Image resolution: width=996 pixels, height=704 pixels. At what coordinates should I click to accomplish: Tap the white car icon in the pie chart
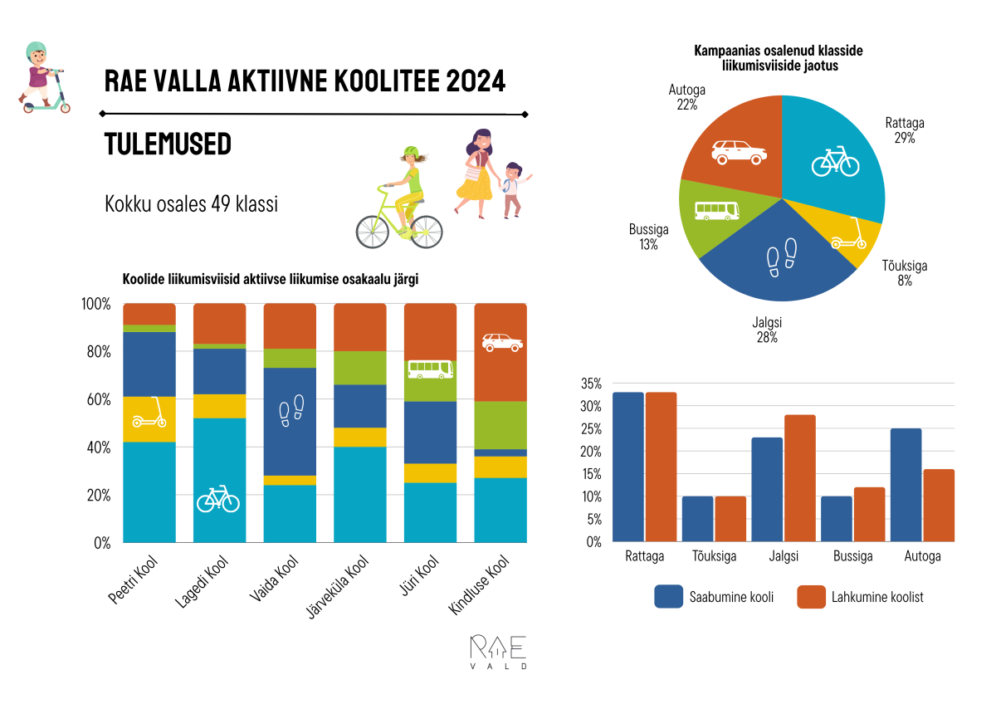tap(739, 152)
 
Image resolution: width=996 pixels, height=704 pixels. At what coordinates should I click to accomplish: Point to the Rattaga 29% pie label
tap(905, 130)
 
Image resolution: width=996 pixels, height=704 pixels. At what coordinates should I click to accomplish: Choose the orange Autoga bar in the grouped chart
tap(938, 506)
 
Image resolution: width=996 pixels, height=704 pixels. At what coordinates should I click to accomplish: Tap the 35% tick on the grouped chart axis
tap(590, 384)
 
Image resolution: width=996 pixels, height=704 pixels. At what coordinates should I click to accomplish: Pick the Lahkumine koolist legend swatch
tap(811, 597)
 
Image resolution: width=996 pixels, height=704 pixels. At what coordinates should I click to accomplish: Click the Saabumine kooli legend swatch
tap(668, 597)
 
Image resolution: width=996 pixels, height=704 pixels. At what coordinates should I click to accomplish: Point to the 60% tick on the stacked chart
tap(96, 399)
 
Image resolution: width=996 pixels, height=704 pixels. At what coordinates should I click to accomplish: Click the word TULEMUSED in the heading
tap(168, 144)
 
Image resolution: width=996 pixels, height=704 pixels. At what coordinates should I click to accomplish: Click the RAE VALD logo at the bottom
tap(497, 652)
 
